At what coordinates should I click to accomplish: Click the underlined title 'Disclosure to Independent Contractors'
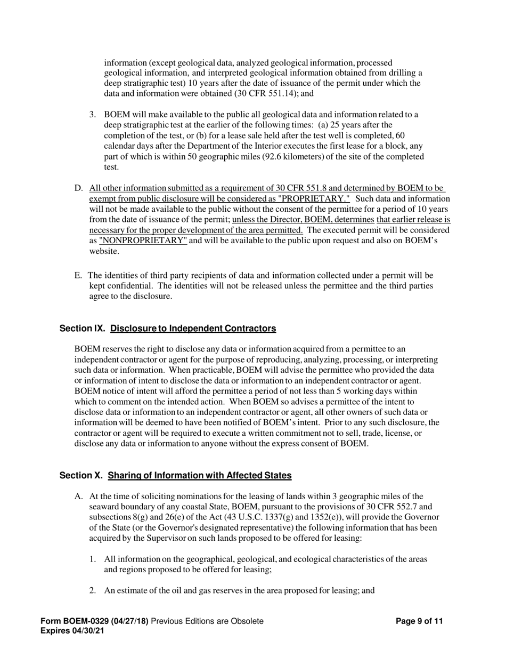coord(193,329)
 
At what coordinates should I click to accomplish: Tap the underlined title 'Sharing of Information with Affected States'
coord(200,475)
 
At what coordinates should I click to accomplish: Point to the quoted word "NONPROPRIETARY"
coord(143,240)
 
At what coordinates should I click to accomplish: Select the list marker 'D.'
coord(79,188)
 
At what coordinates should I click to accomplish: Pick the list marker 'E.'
coord(78,276)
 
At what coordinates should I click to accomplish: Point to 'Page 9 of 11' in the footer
coord(420,621)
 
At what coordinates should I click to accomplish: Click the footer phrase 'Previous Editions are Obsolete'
coord(207,621)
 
